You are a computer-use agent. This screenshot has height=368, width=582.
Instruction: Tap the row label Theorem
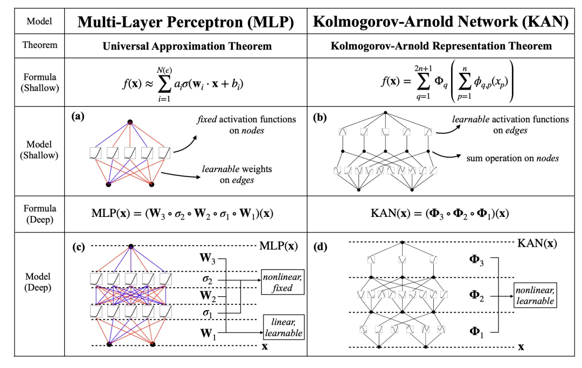39,45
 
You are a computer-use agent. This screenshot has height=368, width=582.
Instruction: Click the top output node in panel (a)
130,122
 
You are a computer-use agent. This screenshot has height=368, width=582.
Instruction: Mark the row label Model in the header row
39,22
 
